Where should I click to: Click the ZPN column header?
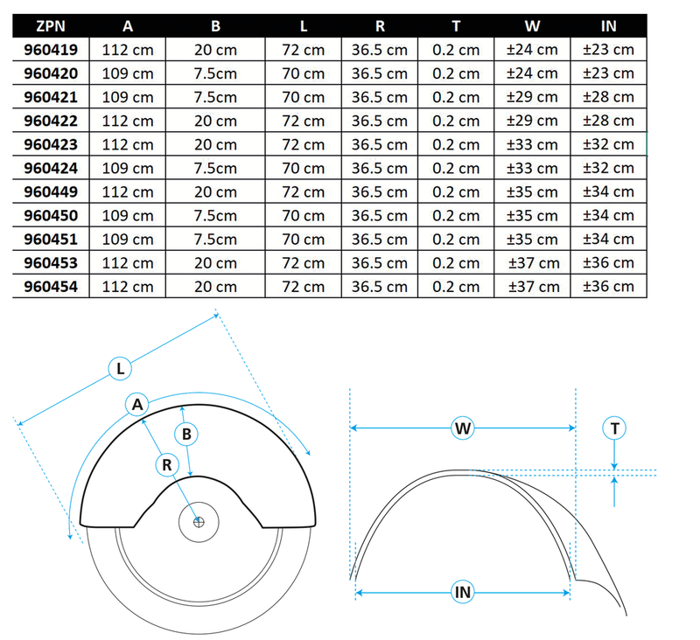click(51, 26)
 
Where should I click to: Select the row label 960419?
click(51, 50)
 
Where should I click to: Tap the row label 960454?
click(51, 286)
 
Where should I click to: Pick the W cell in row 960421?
click(532, 97)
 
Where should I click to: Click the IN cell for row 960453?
click(608, 262)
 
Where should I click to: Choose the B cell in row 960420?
click(215, 73)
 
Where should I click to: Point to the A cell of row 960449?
click(128, 191)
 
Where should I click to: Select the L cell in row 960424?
click(303, 168)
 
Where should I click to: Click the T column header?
click(456, 26)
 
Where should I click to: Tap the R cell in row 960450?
click(380, 215)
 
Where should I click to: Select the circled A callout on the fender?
click(136, 404)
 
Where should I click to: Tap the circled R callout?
click(166, 464)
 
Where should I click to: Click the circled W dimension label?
click(463, 428)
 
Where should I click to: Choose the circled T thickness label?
click(615, 428)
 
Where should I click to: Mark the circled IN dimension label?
click(463, 592)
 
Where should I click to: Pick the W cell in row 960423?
click(532, 144)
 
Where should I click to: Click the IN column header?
click(608, 26)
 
